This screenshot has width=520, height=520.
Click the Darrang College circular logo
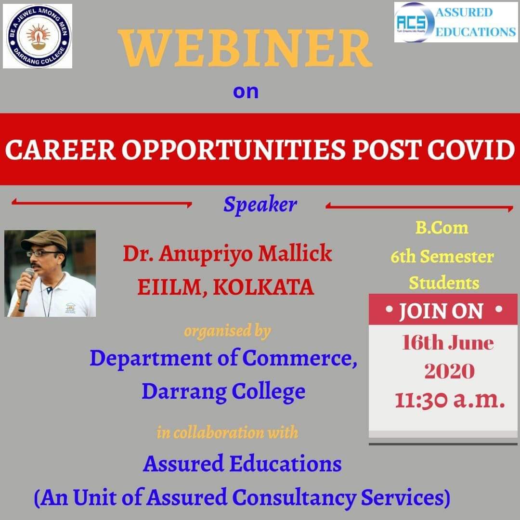click(x=38, y=36)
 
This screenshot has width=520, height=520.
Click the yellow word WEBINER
click(x=246, y=48)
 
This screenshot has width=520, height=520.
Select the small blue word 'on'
click(x=246, y=91)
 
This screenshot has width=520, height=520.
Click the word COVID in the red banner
click(x=471, y=149)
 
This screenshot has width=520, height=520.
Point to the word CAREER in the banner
click(x=60, y=149)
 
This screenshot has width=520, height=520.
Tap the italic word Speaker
click(x=260, y=204)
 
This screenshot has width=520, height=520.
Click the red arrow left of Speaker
click(x=102, y=202)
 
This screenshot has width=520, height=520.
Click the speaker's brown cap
click(x=45, y=240)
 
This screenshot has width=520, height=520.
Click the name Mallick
click(x=295, y=253)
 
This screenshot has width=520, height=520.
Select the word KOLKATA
click(x=263, y=286)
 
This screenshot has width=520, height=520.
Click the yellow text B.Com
click(x=442, y=228)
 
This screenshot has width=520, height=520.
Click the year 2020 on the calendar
click(x=449, y=371)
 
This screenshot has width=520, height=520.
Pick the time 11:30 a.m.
click(x=449, y=400)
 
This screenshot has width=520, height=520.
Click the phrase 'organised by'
click(x=227, y=331)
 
